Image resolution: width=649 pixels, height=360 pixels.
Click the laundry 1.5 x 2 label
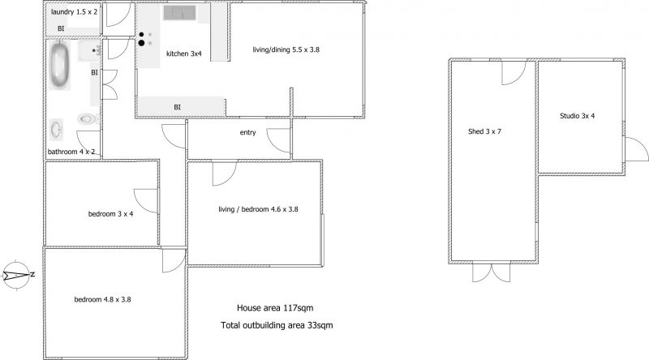pos(75,12)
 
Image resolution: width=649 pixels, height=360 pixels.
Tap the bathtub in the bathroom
pos(59,65)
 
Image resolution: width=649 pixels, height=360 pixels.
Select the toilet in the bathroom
pos(88,118)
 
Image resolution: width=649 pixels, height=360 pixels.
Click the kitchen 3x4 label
pos(184,54)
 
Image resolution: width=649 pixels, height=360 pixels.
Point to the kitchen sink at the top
pos(179,13)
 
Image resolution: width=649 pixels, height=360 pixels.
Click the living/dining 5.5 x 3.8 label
pos(286,49)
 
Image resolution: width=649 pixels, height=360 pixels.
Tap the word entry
pos(247,132)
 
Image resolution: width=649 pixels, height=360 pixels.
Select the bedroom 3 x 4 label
pos(110,214)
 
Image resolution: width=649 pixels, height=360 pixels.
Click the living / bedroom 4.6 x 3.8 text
pos(258,209)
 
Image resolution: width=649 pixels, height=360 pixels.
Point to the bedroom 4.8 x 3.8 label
pos(103,299)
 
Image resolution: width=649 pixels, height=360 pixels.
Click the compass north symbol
pos(17,275)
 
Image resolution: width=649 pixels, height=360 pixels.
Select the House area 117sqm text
pos(275,308)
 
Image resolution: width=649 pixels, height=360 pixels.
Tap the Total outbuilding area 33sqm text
pos(277,325)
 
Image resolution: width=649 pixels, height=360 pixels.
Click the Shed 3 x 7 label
pos(484,131)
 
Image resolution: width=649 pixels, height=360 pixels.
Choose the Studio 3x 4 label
pos(578,116)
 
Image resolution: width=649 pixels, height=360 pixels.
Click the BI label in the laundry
pos(61,28)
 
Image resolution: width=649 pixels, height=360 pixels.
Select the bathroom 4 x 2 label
pos(71,152)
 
